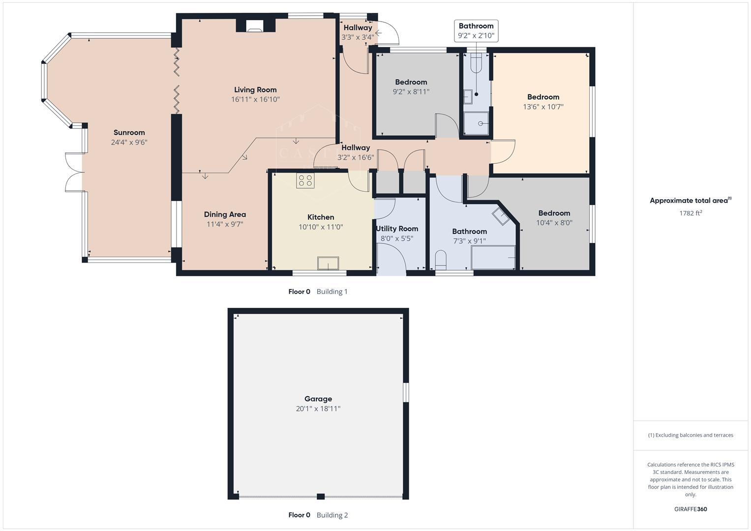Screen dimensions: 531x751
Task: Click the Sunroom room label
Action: pyautogui.click(x=129, y=132)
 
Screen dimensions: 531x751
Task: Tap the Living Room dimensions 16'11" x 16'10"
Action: pyautogui.click(x=255, y=99)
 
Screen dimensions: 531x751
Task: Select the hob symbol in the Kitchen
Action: pyautogui.click(x=305, y=180)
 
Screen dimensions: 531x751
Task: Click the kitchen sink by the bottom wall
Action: pyautogui.click(x=328, y=264)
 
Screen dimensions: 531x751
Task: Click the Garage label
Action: pyautogui.click(x=318, y=399)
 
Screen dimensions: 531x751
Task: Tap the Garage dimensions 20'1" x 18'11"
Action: pyautogui.click(x=318, y=409)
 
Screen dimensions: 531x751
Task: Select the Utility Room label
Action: pyautogui.click(x=397, y=229)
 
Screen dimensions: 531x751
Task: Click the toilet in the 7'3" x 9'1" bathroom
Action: pyautogui.click(x=440, y=260)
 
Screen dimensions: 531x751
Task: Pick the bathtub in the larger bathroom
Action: pyautogui.click(x=493, y=258)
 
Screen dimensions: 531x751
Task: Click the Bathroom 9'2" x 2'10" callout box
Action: pyautogui.click(x=476, y=31)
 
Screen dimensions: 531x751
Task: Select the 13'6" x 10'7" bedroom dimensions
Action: pyautogui.click(x=543, y=107)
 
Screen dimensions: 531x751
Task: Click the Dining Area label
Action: pyautogui.click(x=225, y=214)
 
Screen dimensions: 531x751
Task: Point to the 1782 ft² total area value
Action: pyautogui.click(x=690, y=213)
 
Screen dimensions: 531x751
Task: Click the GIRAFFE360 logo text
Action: pyautogui.click(x=690, y=509)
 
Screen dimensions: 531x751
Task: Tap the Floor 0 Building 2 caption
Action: pyautogui.click(x=318, y=515)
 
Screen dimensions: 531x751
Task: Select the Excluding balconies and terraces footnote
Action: pyautogui.click(x=690, y=435)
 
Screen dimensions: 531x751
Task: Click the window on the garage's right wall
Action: pyautogui.click(x=406, y=392)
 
